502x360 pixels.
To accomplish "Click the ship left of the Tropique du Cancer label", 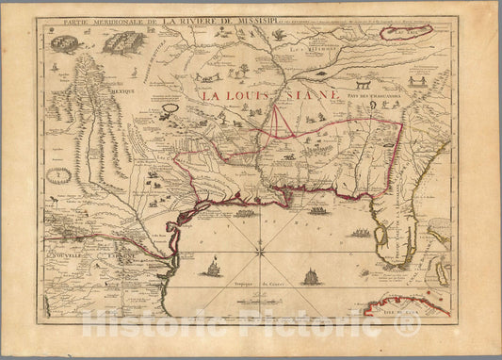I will click(212, 271).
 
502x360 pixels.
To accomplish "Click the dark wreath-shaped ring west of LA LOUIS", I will click(171, 108).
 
